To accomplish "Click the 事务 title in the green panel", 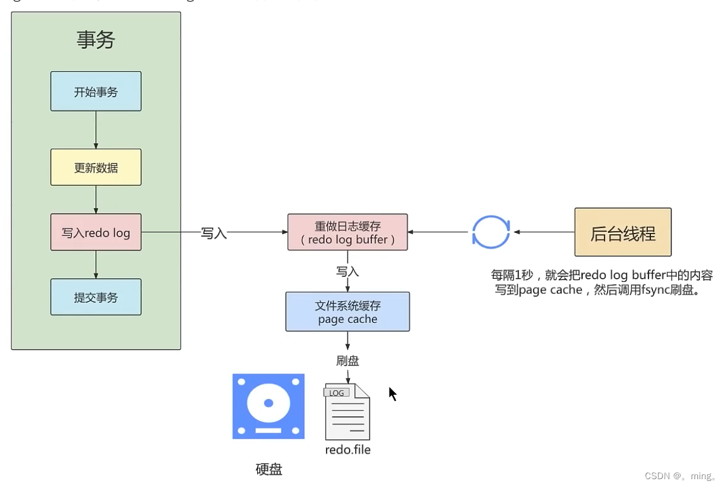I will coord(95,40).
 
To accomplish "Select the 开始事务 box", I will coord(95,92).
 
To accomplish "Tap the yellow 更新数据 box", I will coord(95,167).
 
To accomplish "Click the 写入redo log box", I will coord(95,232).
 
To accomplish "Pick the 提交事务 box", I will coord(95,297).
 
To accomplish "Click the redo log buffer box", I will coord(347,232).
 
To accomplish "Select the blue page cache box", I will coord(347,312).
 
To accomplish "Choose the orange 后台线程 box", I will coord(623,232).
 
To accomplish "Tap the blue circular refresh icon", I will coord(490,232).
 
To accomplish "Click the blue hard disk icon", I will coord(268,406).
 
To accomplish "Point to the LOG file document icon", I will coord(347,412).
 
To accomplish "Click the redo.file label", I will coord(347,450).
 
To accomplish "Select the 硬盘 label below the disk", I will coord(269,469).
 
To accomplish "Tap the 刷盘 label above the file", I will coord(347,361).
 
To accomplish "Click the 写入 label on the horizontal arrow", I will coord(213,233).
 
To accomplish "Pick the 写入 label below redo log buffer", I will coord(347,272).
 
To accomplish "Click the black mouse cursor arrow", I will coord(392,393).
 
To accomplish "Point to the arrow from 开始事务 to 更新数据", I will coord(95,130).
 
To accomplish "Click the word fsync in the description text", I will coord(647,290).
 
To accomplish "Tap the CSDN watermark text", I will coord(679,476).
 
